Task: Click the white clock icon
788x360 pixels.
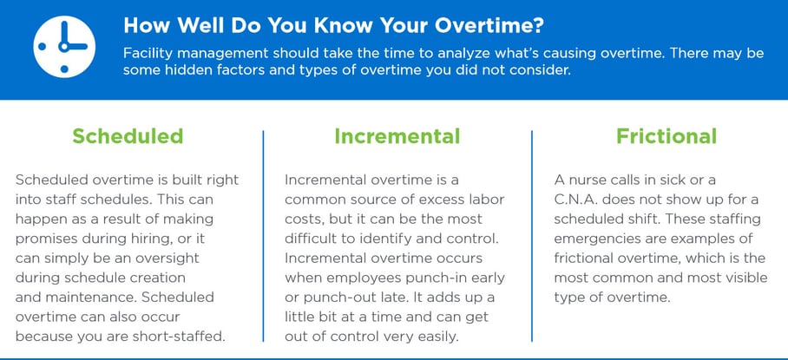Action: point(64,46)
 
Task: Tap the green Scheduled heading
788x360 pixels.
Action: point(128,136)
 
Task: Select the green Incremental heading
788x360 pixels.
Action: point(397,136)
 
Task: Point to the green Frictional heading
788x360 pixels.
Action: point(667,136)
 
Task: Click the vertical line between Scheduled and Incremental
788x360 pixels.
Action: point(263,236)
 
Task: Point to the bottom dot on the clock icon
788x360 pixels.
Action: point(64,69)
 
